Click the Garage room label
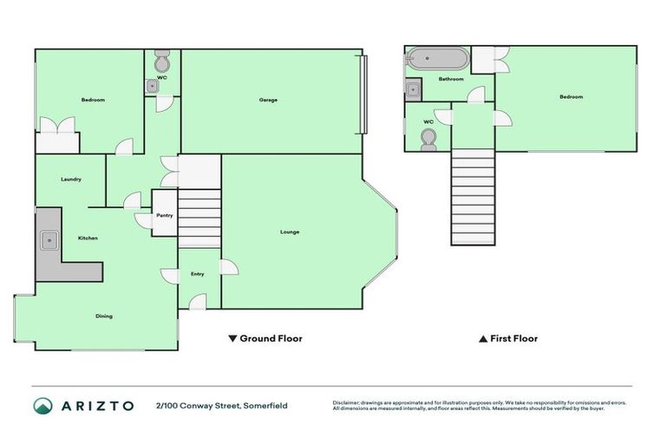pos(268,100)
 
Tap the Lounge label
pos(290,232)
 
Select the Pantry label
pos(165,215)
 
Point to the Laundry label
pos(71,180)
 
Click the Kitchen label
pos(88,238)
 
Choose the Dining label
pos(103,316)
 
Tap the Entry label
pos(198,274)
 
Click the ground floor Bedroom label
pos(93,100)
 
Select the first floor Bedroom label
pos(571,96)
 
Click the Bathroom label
pos(450,79)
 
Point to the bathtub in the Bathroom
pos(437,60)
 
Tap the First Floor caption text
pos(508,338)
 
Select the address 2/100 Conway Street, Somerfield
pos(221,405)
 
